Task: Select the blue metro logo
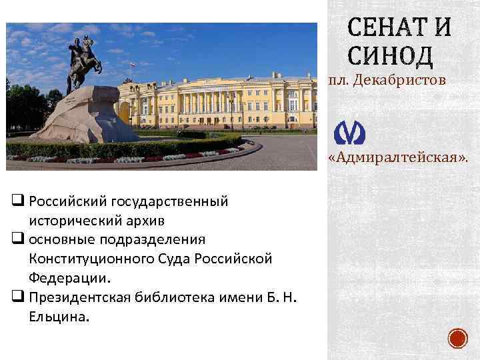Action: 349,133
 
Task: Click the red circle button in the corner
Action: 457,338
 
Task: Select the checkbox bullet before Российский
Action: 17,199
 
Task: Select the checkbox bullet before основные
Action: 17,238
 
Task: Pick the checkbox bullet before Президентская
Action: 17,297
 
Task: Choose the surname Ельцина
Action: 57,317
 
